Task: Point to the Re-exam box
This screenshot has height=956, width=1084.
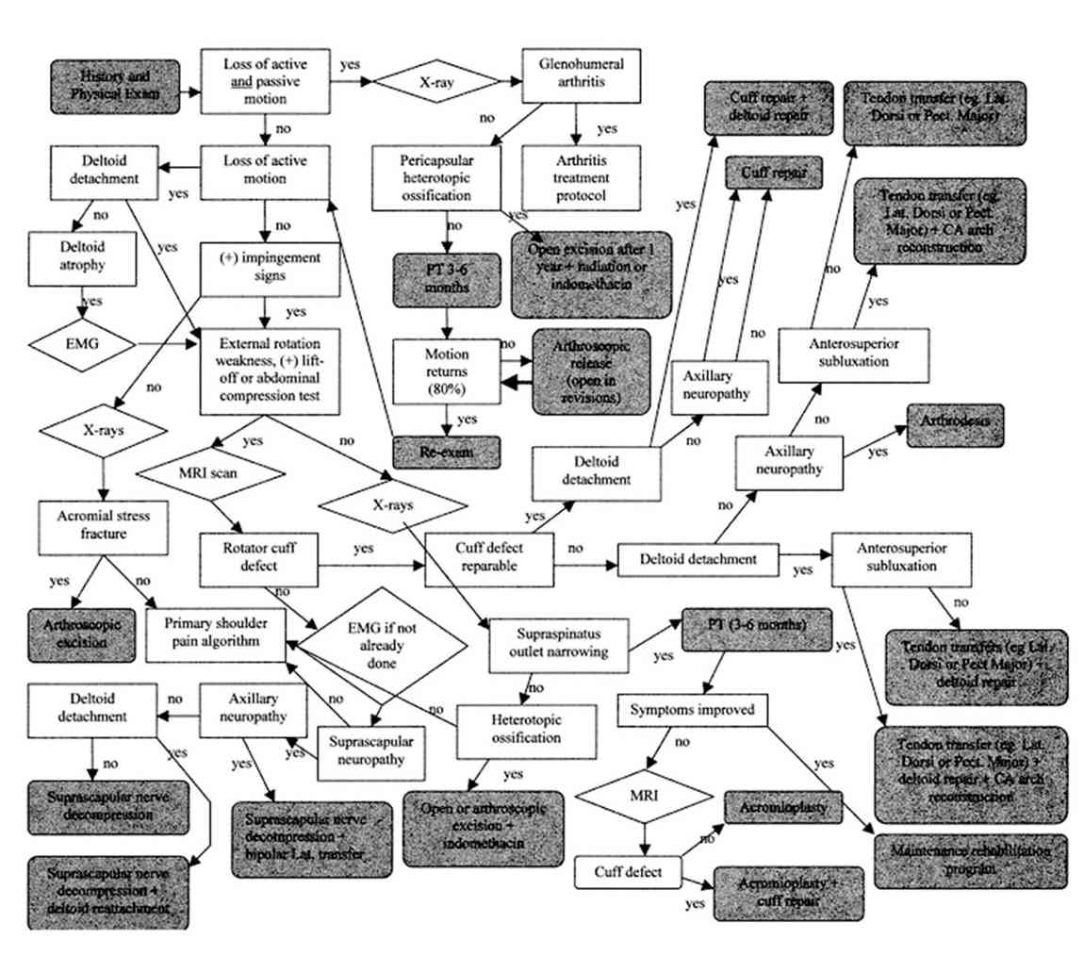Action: coord(446,453)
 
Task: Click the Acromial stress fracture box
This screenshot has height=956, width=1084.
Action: coord(102,525)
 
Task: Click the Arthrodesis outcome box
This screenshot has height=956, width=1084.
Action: coord(954,423)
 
